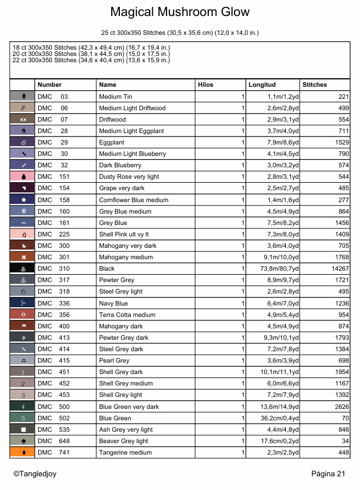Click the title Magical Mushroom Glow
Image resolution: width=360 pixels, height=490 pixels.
click(180, 12)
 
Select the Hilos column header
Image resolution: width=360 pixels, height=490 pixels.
click(205, 85)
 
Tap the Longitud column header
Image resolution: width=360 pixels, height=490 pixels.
click(262, 85)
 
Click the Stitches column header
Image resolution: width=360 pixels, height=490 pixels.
click(315, 85)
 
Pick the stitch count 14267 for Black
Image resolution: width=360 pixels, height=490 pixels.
click(337, 268)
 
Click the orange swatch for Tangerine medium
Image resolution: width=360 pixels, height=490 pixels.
click(22, 452)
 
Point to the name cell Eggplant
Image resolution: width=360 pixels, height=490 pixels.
click(112, 142)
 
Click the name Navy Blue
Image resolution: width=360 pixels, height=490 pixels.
click(114, 303)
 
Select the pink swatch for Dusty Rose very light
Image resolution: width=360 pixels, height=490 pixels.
click(22, 176)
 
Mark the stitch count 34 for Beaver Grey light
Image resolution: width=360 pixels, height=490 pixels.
click(345, 441)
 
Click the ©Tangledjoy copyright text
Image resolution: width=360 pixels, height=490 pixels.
click(35, 473)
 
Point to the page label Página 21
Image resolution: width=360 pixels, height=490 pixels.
click(329, 473)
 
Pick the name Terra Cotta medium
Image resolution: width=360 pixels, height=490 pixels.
click(127, 315)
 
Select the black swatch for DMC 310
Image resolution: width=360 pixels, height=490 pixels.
click(22, 268)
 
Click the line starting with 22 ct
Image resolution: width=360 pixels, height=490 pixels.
click(90, 60)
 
